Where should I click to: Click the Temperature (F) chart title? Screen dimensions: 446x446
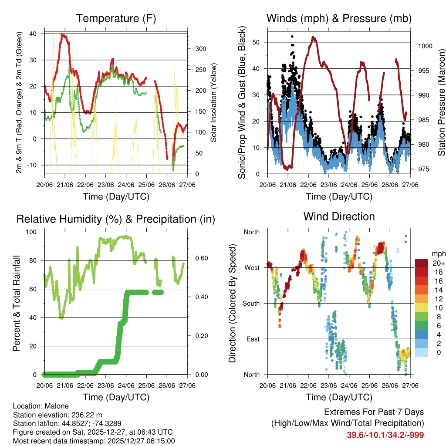[115, 19]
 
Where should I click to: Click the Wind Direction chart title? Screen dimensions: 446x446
[339, 216]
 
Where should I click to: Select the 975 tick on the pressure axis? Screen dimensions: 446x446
[422, 169]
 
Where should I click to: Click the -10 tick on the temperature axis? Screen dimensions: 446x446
[36, 165]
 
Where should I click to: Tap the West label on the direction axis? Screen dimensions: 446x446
[252, 267]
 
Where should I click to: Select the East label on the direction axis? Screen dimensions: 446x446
[253, 339]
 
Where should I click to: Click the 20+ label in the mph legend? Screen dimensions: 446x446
[438, 263]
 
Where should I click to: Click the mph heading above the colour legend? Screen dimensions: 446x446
[438, 253]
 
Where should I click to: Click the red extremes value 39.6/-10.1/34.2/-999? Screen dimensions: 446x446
[385, 435]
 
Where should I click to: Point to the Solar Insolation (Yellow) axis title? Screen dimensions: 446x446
[214, 103]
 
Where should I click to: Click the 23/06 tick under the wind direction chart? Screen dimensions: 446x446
[328, 385]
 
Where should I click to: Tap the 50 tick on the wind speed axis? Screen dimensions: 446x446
[257, 42]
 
